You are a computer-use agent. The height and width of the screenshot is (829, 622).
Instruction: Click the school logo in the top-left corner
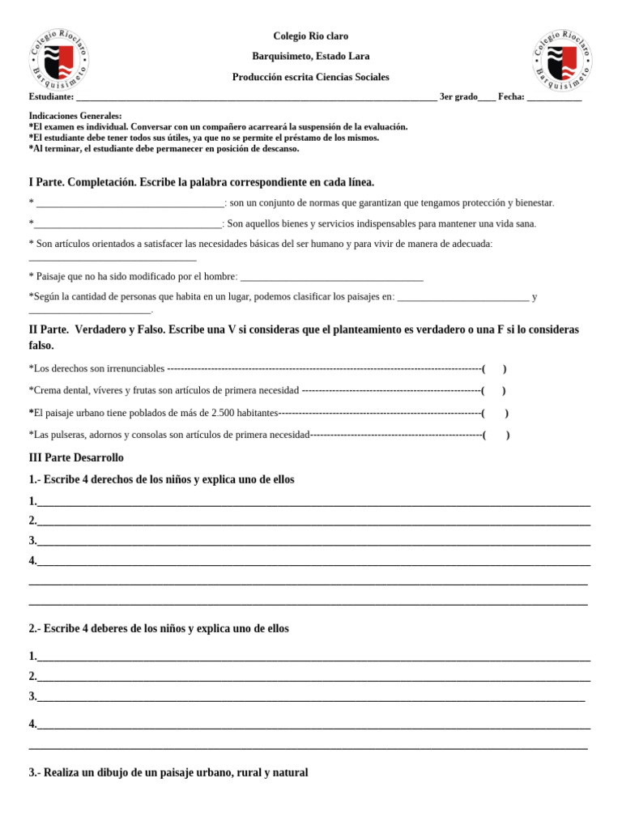tap(59, 58)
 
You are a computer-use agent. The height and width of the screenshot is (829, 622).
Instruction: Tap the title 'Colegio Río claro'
tap(311, 36)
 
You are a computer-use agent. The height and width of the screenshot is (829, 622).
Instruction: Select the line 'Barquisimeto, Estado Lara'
tap(311, 57)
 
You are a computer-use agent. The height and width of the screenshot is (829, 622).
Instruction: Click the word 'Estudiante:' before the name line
tap(51, 97)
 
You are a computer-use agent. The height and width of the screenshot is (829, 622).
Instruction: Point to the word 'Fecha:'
tap(511, 97)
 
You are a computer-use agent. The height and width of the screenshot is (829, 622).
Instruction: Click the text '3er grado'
tap(458, 97)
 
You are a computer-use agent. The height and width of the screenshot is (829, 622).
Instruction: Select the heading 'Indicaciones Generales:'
tap(75, 116)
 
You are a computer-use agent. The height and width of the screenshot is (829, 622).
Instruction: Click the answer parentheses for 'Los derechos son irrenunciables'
tap(494, 369)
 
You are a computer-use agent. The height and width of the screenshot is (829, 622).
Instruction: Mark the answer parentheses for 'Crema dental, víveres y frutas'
tap(493, 391)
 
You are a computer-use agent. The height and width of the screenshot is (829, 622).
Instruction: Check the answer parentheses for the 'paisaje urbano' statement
tap(495, 413)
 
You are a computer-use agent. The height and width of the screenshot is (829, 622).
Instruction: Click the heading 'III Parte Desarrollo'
tap(76, 457)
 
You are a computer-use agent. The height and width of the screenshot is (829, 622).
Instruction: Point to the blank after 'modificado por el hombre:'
tap(332, 278)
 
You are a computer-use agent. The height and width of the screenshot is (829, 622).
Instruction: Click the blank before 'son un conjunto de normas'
tap(130, 203)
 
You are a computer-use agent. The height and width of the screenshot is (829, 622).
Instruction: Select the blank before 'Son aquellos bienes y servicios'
tap(127, 224)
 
